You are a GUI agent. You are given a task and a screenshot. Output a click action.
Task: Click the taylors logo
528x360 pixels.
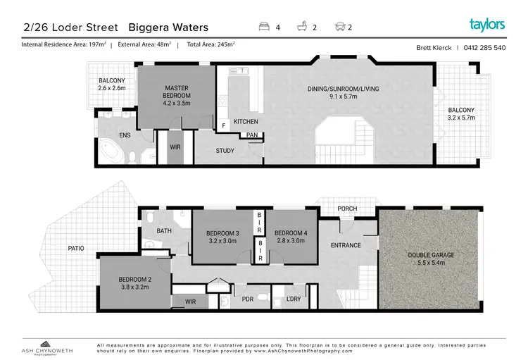[487, 25]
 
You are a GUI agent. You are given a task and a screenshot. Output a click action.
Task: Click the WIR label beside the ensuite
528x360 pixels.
[176, 147]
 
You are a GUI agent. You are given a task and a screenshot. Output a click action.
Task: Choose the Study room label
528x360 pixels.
[225, 150]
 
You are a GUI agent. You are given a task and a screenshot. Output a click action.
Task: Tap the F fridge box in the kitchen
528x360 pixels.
[223, 125]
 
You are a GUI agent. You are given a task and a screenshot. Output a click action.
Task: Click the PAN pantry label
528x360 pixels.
[251, 135]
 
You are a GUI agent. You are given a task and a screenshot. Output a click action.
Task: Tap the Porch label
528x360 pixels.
[347, 209]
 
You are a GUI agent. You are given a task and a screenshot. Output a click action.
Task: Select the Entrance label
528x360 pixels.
[346, 246]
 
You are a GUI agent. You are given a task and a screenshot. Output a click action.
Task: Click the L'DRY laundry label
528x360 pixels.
[294, 299]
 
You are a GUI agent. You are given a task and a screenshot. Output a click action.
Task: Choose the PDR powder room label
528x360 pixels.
[247, 299]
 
